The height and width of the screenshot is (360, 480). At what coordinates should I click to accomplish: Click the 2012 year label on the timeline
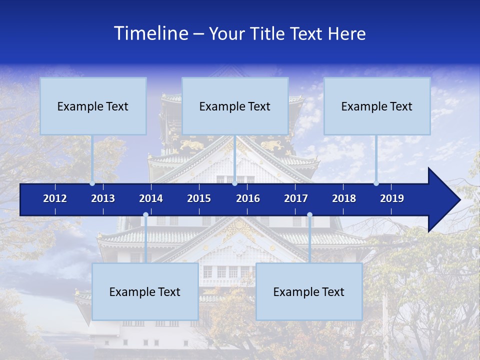55,198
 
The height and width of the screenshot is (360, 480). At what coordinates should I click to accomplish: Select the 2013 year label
103,198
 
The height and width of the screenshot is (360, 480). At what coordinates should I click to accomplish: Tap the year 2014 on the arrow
151,198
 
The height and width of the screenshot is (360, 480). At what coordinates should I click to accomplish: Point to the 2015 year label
199,198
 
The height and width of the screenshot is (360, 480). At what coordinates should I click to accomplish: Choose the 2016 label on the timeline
248,198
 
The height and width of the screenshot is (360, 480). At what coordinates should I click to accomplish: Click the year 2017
296,198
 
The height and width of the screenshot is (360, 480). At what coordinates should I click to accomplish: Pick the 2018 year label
344,198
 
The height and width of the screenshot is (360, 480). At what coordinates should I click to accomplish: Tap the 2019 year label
392,198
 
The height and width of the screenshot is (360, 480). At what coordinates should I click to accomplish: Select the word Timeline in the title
150,33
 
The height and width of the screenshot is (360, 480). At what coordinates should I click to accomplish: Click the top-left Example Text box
93,106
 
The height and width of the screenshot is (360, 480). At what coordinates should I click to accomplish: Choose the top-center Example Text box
235,106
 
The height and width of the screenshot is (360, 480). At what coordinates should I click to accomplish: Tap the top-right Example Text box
377,106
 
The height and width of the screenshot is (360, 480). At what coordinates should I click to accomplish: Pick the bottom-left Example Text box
145,291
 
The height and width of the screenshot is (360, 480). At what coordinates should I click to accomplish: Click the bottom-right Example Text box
309,291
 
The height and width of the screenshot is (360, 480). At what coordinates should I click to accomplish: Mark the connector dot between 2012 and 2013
92,183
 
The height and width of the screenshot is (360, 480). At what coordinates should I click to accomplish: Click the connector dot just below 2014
145,215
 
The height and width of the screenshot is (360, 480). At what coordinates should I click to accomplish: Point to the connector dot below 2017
309,215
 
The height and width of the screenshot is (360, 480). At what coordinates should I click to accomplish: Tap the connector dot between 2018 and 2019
376,183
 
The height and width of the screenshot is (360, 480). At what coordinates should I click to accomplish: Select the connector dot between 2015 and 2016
234,183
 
